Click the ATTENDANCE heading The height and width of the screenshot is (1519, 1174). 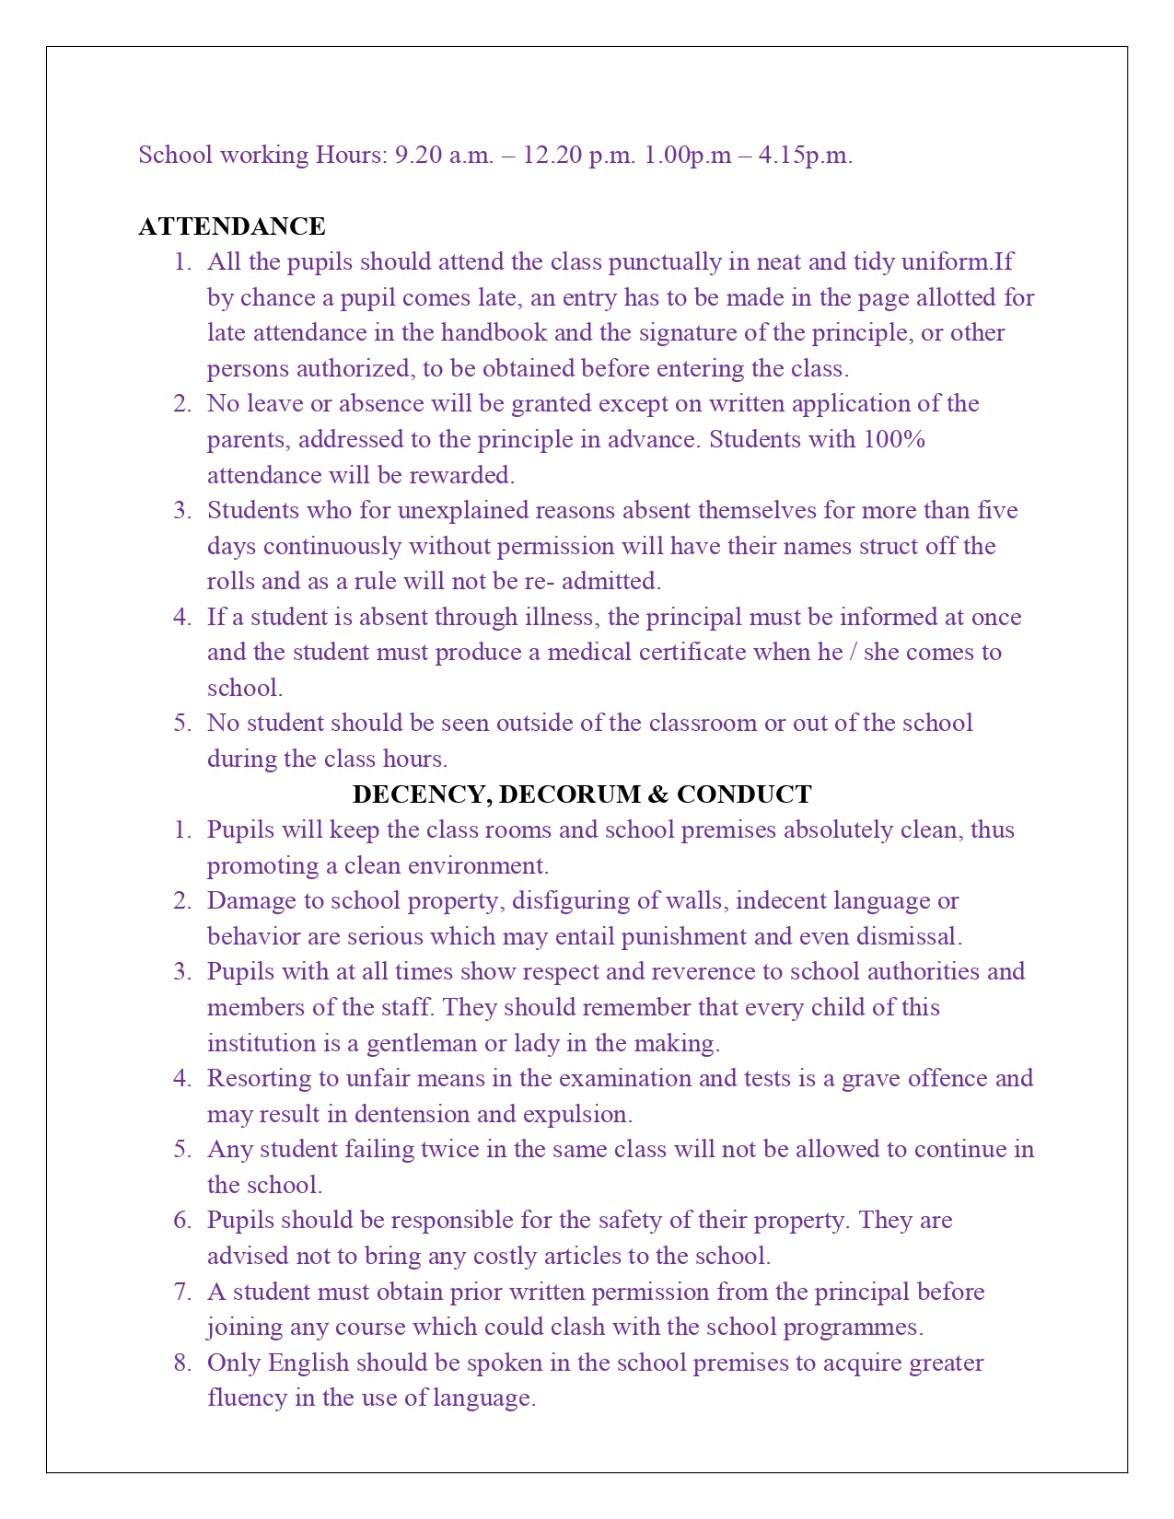coord(232,226)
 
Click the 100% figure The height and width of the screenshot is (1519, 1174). coord(893,439)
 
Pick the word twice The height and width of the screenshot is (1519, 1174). coord(447,1149)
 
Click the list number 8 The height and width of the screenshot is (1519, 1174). coord(181,1362)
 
